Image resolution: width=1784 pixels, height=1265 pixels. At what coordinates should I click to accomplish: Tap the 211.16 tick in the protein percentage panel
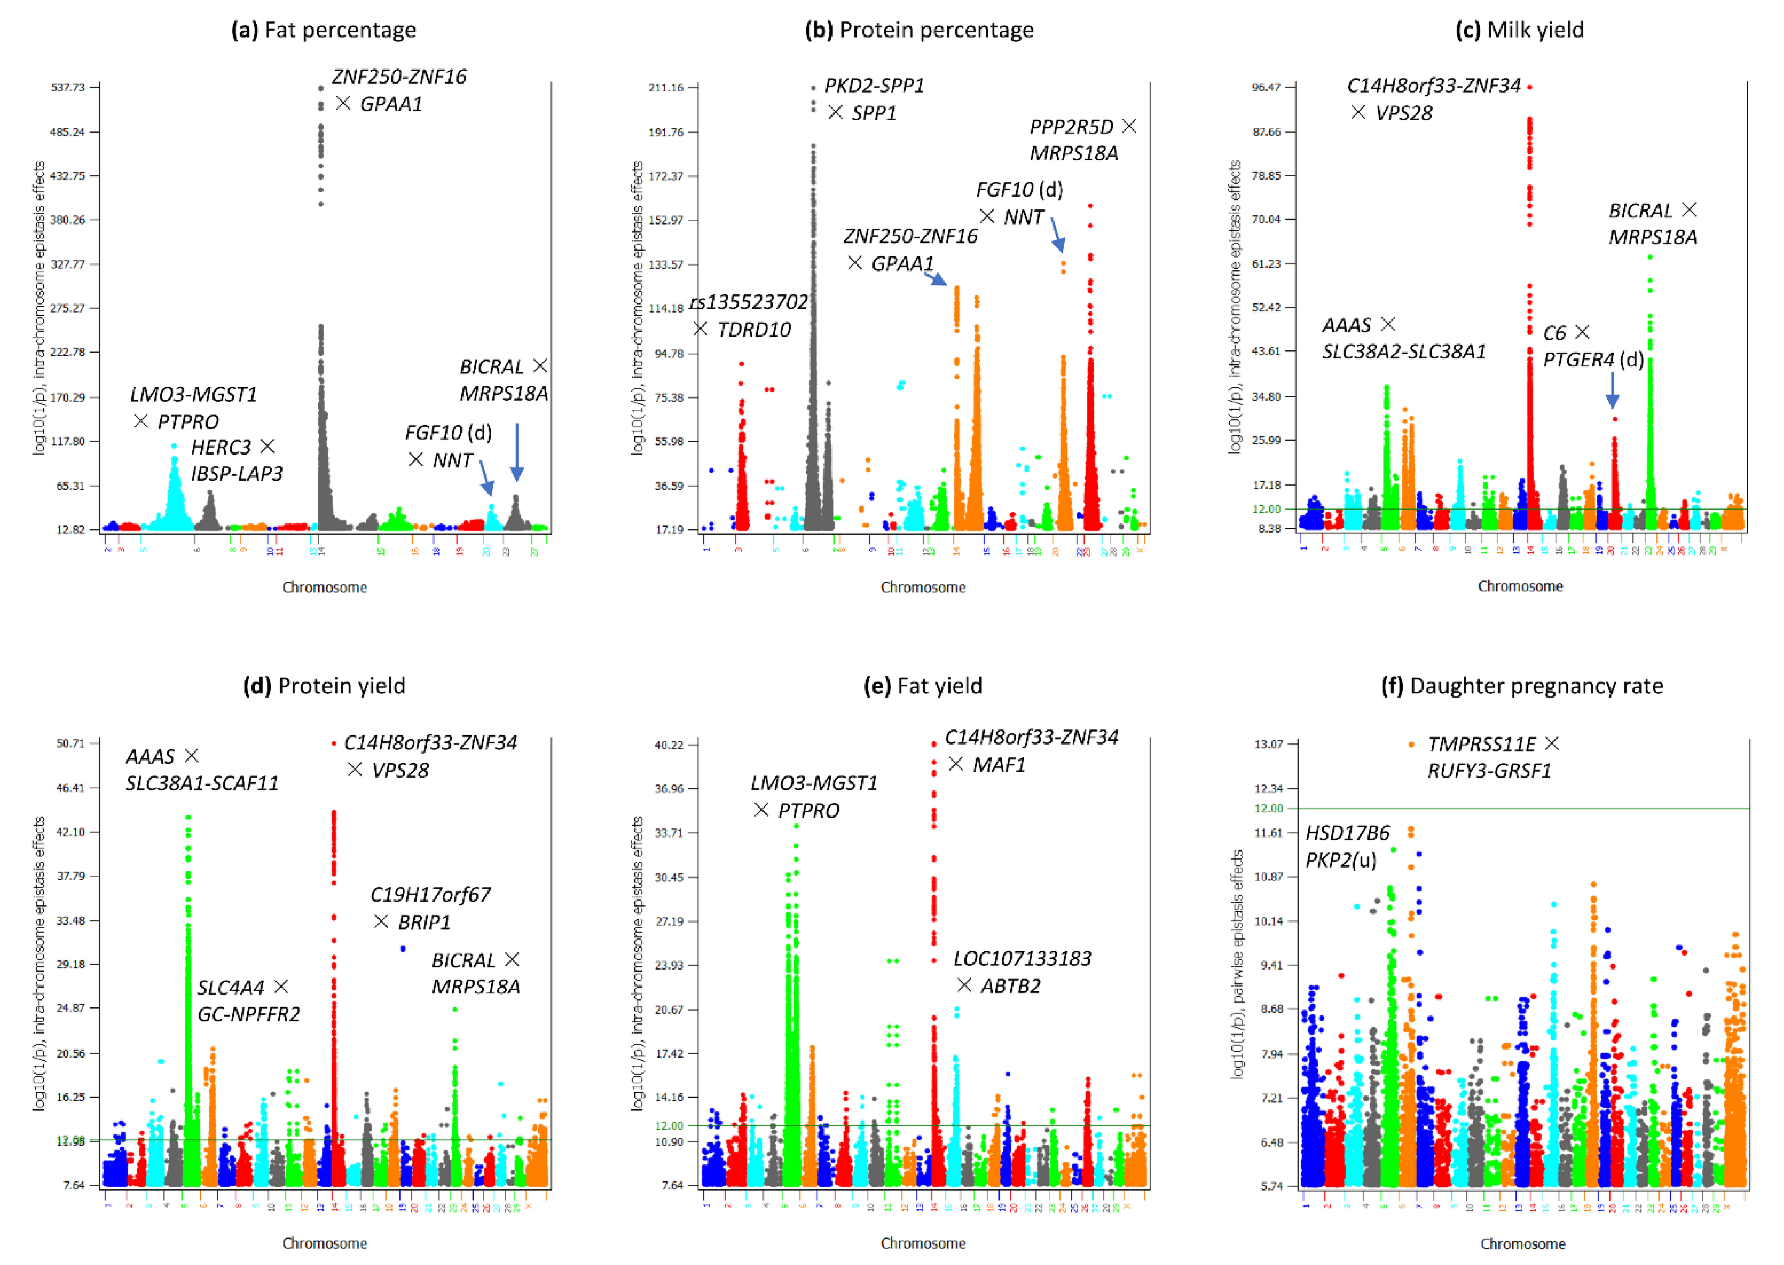pyautogui.click(x=665, y=87)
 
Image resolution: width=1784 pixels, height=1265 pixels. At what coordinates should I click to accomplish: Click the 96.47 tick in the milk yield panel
pyautogui.click(x=1266, y=87)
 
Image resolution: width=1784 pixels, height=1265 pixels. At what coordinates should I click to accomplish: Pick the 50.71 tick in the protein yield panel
pyautogui.click(x=70, y=743)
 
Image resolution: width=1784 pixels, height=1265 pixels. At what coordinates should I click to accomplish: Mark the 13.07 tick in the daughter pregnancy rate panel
pyautogui.click(x=1268, y=744)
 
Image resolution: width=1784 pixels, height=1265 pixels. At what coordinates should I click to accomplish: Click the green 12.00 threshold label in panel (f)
pyautogui.click(x=1268, y=808)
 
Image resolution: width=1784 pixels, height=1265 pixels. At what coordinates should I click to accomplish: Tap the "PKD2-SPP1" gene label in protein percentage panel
pyautogui.click(x=874, y=86)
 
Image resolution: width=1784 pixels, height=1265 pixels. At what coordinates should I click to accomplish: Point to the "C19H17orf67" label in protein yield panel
pyautogui.click(x=430, y=895)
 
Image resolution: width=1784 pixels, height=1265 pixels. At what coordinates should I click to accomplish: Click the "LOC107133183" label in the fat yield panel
pyautogui.click(x=1022, y=959)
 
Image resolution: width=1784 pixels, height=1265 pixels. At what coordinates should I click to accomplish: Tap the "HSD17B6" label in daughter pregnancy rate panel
pyautogui.click(x=1347, y=834)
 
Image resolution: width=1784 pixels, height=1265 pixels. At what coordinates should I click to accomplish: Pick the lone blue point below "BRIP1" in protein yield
pyautogui.click(x=403, y=949)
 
